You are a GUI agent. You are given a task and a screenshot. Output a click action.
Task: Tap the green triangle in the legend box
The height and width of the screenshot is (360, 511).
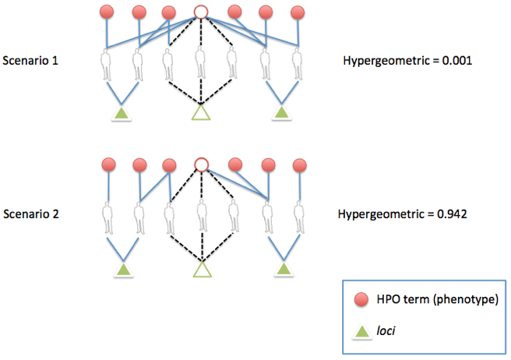point(362,330)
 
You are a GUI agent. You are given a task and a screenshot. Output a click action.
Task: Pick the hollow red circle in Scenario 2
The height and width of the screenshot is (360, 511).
point(201,164)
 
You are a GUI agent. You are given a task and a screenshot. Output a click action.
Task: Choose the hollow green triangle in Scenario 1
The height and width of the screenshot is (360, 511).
point(201,114)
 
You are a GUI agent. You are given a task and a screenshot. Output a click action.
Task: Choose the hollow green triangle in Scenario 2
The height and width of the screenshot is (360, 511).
point(202,269)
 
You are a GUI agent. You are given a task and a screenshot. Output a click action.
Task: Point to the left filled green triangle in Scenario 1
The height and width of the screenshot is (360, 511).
point(121,115)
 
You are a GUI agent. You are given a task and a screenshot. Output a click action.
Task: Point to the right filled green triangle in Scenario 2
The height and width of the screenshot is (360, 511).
point(284,269)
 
